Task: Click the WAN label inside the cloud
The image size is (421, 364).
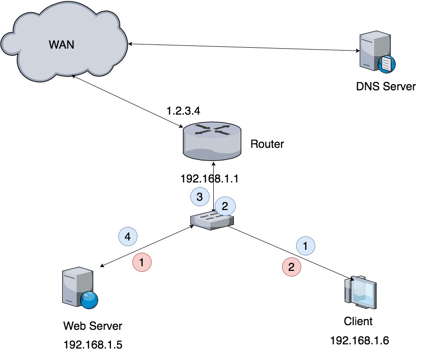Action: pyautogui.click(x=61, y=44)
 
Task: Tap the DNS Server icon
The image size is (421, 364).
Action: pyautogui.click(x=377, y=51)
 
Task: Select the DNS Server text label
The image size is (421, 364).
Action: pyautogui.click(x=386, y=87)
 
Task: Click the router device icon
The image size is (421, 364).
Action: pyautogui.click(x=212, y=141)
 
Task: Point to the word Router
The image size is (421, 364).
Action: pyautogui.click(x=267, y=144)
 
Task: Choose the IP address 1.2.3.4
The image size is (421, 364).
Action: pyautogui.click(x=183, y=111)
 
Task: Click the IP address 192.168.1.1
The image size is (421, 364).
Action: pyautogui.click(x=210, y=179)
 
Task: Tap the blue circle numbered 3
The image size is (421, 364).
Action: pyautogui.click(x=200, y=197)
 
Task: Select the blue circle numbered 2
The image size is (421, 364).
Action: pyautogui.click(x=225, y=206)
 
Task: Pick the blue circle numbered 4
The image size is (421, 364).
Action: pyautogui.click(x=128, y=236)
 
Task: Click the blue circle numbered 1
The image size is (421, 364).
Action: pyautogui.click(x=305, y=246)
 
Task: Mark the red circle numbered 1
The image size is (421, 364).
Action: pyautogui.click(x=142, y=262)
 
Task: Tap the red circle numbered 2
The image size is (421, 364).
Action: pyautogui.click(x=291, y=267)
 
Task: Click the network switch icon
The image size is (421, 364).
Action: pyautogui.click(x=212, y=221)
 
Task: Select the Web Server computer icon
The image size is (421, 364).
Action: pyautogui.click(x=80, y=288)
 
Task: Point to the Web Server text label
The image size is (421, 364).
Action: pyautogui.click(x=93, y=326)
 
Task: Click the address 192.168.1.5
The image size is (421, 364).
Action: pyautogui.click(x=93, y=345)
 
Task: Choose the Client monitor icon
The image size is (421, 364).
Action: pyautogui.click(x=361, y=292)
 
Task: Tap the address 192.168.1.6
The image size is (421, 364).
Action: pyautogui.click(x=360, y=341)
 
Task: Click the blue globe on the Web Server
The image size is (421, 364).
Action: pyautogui.click(x=89, y=300)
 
